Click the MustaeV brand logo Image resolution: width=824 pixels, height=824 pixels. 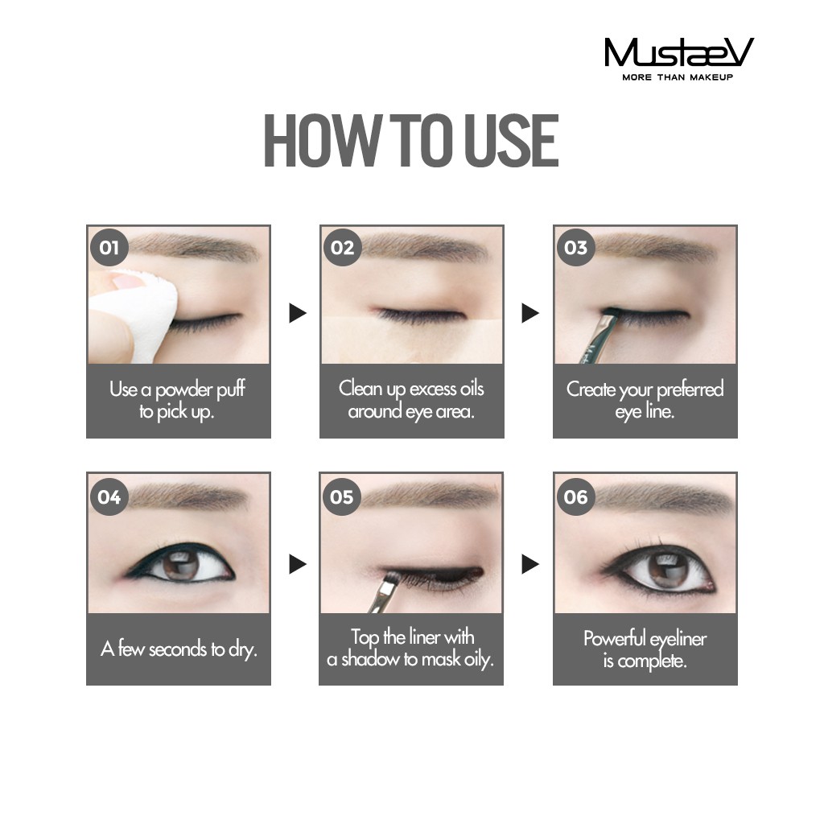pos(678,54)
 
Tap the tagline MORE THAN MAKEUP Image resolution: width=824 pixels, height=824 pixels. pos(678,78)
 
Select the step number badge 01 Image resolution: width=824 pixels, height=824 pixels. pos(109,247)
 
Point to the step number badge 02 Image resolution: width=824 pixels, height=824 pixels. pos(342,247)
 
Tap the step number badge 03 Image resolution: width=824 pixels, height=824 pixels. pos(575,247)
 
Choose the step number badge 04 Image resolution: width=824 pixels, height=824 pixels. pos(109,496)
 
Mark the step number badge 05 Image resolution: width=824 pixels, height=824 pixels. pos(342,496)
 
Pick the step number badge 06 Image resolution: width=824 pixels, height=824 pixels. pos(575,496)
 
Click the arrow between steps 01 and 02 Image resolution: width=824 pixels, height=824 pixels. pos(298,313)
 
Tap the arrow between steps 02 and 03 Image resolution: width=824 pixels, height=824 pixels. pos(530,313)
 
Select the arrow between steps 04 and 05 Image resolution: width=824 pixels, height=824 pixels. pos(298,564)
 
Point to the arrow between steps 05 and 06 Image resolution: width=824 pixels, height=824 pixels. pos(530,564)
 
